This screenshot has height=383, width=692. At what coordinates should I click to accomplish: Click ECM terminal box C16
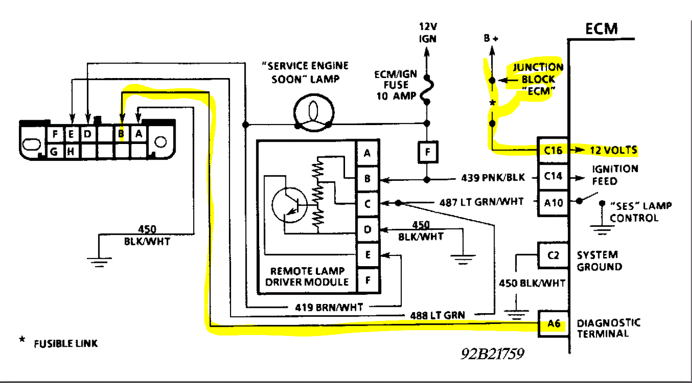pos(553,150)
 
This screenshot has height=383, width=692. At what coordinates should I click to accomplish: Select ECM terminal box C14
pos(553,176)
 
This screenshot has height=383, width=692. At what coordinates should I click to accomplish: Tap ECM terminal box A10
pos(553,203)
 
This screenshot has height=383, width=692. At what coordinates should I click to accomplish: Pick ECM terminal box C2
pos(553,255)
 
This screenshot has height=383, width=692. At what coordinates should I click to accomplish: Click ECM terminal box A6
pos(553,323)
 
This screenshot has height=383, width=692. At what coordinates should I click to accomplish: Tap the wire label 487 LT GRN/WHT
pos(481,202)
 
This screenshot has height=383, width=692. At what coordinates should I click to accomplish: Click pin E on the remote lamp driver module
pos(367,254)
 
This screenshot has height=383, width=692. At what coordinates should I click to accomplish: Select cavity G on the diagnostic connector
pos(54,152)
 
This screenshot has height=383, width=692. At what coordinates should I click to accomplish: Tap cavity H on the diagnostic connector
pos(70,152)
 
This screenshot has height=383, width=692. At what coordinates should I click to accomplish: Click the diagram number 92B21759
pos(492,354)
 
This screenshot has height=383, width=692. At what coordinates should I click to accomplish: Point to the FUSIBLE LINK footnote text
pos(66,344)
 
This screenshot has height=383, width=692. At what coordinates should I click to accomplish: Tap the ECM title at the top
pos(601,29)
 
